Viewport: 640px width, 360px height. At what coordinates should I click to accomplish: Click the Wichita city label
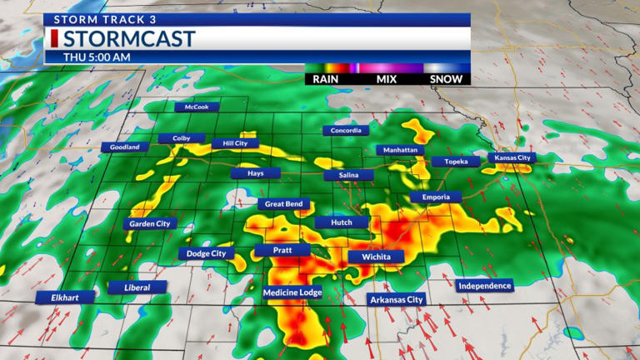[x=376, y=257]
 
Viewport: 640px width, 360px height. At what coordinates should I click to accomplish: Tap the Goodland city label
[x=125, y=147]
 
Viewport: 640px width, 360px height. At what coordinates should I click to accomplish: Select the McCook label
[x=197, y=107]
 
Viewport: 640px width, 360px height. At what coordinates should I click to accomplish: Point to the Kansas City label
[x=511, y=157]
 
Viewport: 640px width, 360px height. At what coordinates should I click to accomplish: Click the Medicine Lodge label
[x=292, y=292]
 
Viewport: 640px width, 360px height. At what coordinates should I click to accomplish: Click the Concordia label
[x=346, y=131]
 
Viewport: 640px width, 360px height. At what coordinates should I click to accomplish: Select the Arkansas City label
[x=397, y=299]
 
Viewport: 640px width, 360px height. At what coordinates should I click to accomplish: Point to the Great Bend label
[x=284, y=204]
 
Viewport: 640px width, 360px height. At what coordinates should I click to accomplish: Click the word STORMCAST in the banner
[x=129, y=38]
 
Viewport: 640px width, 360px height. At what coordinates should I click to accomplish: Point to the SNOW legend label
[x=447, y=79]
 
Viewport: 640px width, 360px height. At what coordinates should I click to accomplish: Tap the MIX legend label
[x=387, y=79]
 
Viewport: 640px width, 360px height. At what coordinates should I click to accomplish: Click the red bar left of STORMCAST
[x=54, y=38]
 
